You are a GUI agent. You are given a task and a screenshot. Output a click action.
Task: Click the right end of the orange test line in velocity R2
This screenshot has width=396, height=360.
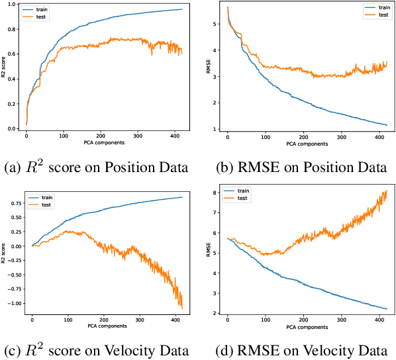point(182,308)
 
